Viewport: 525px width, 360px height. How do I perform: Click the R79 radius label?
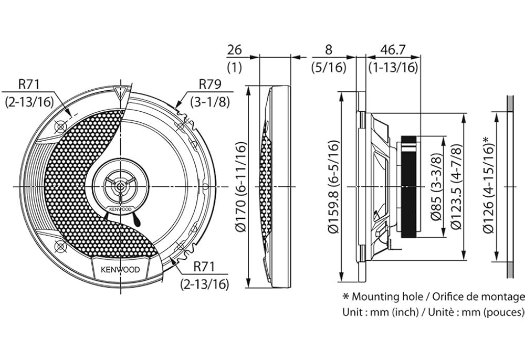click(210, 84)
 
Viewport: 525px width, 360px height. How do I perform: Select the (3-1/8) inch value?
click(210, 101)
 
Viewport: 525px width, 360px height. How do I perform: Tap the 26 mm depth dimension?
click(234, 50)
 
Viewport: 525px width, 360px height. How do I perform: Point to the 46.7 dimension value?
click(393, 50)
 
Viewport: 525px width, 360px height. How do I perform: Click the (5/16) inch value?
click(329, 67)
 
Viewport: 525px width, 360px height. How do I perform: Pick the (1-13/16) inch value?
click(393, 67)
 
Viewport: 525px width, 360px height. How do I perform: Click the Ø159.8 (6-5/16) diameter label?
click(333, 186)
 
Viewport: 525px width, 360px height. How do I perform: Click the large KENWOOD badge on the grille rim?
click(117, 270)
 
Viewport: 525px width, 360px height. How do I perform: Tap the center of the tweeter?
click(121, 186)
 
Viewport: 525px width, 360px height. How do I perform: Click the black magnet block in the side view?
click(411, 187)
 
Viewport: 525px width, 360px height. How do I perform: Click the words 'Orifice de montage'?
click(478, 297)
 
